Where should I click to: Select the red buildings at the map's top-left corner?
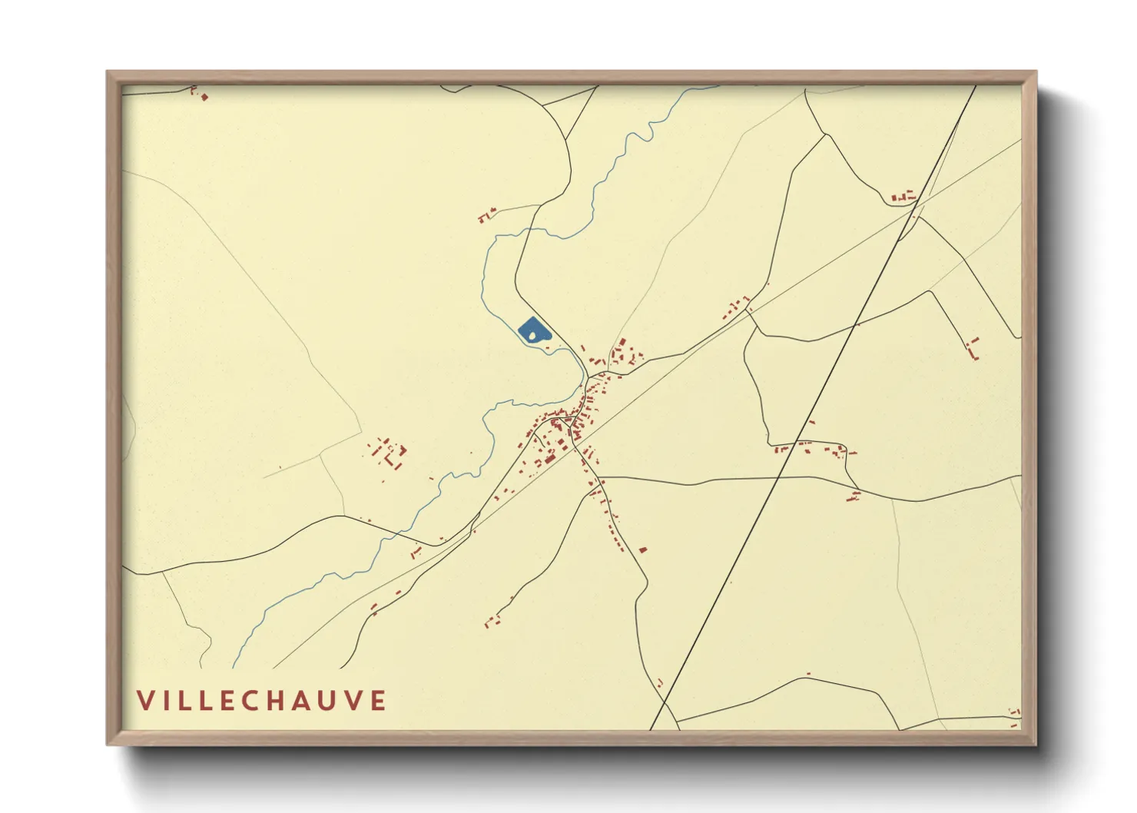coord(201,94)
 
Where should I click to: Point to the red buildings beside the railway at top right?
coord(904,197)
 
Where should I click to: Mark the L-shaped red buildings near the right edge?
coord(973,348)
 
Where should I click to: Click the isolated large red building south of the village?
coord(643,549)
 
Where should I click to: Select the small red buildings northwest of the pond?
coord(486,215)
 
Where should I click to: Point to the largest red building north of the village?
coord(623,343)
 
